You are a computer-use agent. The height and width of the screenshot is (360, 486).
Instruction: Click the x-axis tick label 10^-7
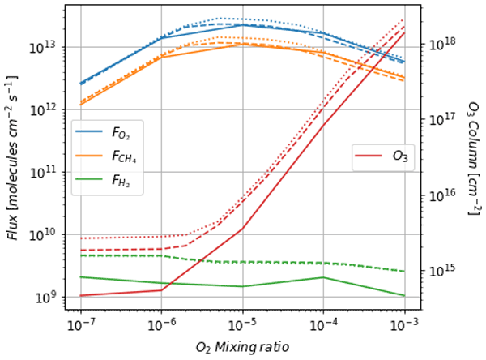coord(80,325)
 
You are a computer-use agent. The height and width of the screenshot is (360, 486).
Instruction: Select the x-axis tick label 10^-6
coord(161,325)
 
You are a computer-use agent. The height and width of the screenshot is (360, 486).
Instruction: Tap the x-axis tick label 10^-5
coord(242,325)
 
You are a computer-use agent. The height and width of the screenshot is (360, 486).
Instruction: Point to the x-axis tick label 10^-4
coord(323,325)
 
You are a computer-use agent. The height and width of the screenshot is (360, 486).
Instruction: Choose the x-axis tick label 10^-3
coord(404,325)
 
